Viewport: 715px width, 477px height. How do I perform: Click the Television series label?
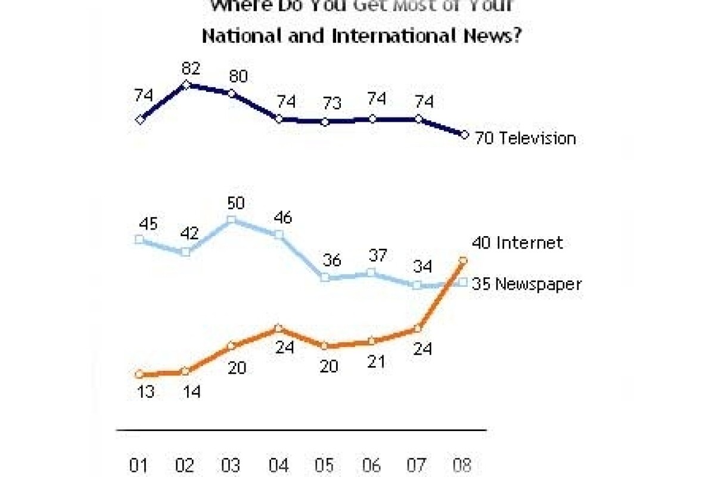[537, 138]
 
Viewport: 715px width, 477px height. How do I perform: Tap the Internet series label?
[530, 243]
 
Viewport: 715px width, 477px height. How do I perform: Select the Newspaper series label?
[539, 284]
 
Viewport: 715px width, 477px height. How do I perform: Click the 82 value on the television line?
[189, 69]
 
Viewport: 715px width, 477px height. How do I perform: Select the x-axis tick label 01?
[138, 464]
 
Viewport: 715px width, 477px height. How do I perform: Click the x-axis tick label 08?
[464, 464]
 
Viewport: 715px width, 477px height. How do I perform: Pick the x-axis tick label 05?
[324, 464]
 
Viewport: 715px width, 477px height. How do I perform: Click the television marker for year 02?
[186, 85]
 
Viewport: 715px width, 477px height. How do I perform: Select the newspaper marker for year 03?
[232, 220]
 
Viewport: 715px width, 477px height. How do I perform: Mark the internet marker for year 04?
[278, 328]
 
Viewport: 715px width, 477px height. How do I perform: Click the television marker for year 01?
[140, 119]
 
